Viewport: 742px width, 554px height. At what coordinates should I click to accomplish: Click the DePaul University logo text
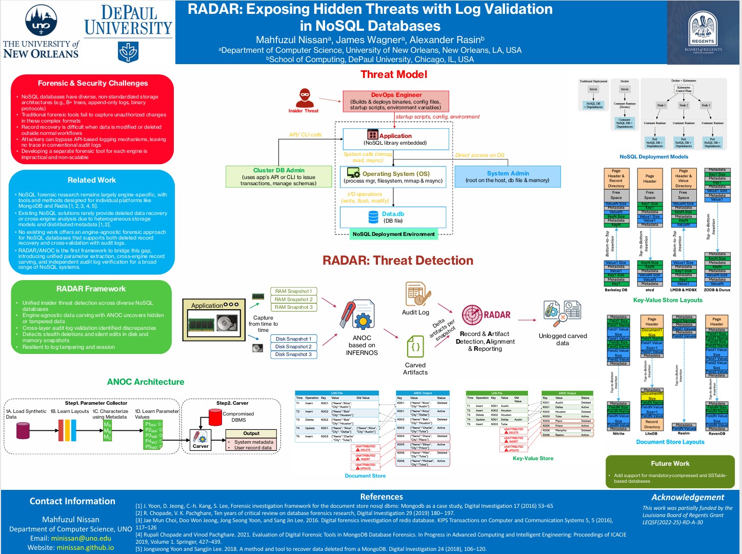(x=128, y=21)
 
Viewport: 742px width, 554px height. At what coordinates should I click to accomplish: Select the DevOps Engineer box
(x=395, y=101)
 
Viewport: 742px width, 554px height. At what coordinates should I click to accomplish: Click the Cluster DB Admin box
(x=278, y=176)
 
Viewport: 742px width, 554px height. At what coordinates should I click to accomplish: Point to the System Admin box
(x=507, y=176)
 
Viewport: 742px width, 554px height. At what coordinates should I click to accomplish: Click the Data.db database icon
(x=373, y=217)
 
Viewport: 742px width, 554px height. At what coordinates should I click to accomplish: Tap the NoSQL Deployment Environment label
(x=393, y=234)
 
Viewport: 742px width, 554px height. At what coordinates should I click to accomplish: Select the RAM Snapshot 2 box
(x=293, y=299)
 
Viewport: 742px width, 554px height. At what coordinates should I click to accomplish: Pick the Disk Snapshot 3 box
(x=293, y=354)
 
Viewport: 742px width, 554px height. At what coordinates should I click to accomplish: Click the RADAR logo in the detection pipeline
(x=485, y=315)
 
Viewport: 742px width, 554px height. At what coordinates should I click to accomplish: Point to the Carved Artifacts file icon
(x=415, y=347)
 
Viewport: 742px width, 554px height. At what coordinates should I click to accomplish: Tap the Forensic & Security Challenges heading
(x=92, y=83)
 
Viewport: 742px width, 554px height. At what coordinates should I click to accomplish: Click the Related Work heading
(x=92, y=180)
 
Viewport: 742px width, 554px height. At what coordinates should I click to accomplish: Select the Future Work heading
(x=670, y=463)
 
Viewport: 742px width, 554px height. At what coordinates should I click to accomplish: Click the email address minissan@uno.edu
(x=81, y=538)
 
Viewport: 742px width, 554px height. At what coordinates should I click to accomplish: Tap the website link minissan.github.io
(x=85, y=547)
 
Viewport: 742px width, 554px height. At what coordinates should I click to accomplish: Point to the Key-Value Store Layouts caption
(x=667, y=300)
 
